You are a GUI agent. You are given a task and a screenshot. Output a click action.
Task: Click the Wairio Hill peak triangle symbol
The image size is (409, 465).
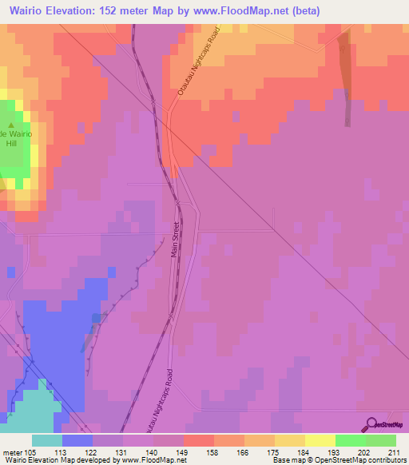point(11,125)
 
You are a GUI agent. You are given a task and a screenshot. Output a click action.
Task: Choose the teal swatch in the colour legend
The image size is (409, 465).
point(47,440)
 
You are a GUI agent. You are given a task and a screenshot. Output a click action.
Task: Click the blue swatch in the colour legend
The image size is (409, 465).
point(77,440)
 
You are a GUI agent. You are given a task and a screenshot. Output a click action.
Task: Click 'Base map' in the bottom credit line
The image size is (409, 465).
point(289,460)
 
